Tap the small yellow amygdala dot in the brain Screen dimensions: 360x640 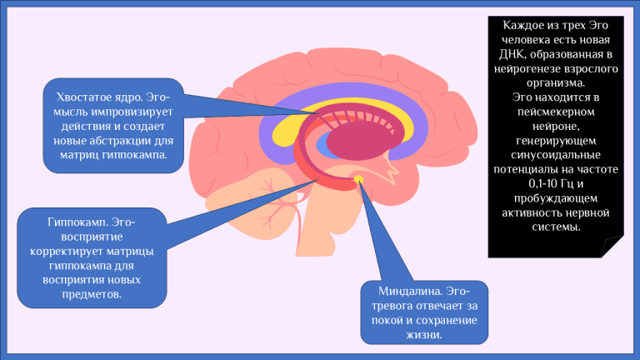[x=358, y=179]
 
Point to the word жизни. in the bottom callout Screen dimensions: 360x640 [x=424, y=335]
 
